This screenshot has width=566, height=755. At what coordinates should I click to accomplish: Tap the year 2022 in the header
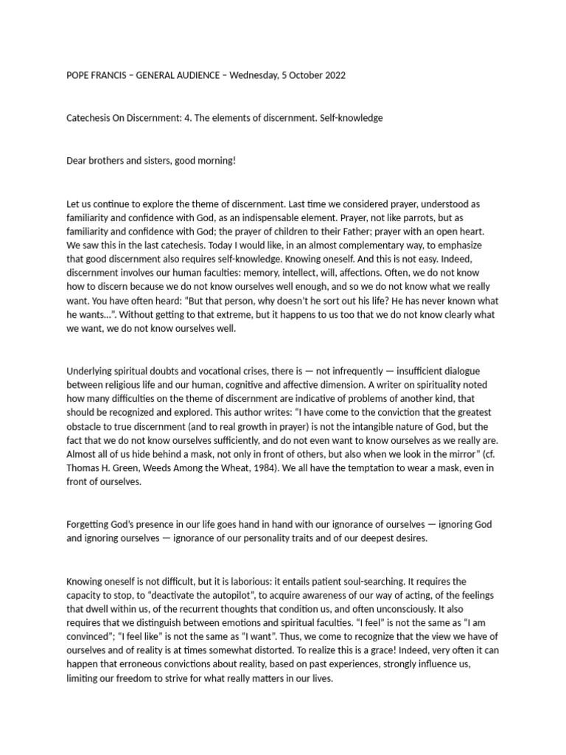click(331, 75)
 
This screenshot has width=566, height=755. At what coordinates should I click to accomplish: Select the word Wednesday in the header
click(254, 75)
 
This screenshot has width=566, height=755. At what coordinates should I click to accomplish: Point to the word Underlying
click(90, 371)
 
